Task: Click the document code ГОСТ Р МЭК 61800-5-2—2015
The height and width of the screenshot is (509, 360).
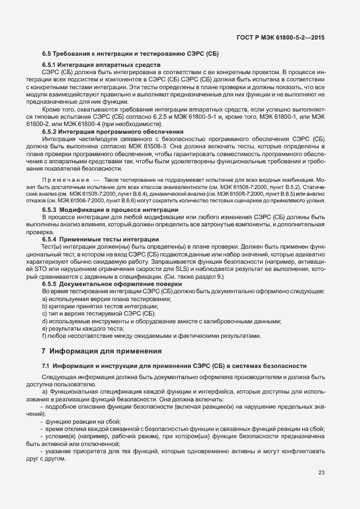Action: pos(281,38)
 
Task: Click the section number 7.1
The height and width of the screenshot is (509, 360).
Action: pos(46,366)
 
